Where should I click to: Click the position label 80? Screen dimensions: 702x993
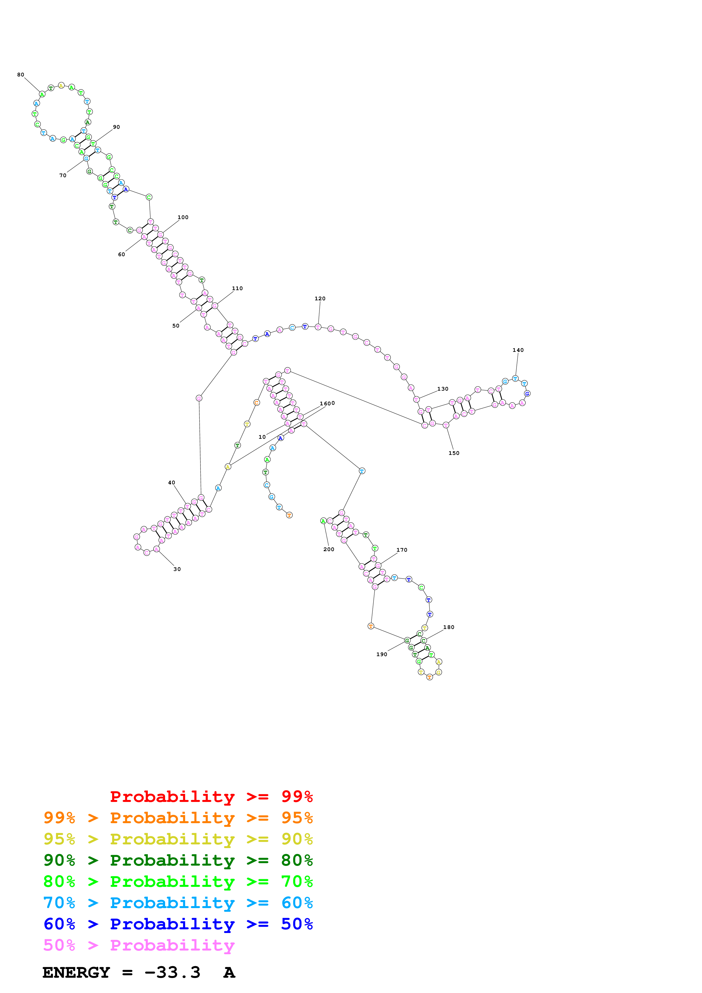[x=21, y=75]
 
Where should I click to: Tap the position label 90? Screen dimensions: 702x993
[x=116, y=127]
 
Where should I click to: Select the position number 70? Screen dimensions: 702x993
[x=63, y=176]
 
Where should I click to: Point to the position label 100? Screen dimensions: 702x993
[x=183, y=218]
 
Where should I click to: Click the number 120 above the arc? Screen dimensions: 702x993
[x=320, y=299]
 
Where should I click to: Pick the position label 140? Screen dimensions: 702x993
[x=518, y=350]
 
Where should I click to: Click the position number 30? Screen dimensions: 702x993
[x=177, y=569]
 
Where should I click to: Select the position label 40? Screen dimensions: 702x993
[x=172, y=483]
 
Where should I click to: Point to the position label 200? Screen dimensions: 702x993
[x=329, y=549]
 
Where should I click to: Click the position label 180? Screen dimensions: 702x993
[x=449, y=627]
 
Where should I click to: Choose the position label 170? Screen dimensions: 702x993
[x=402, y=550]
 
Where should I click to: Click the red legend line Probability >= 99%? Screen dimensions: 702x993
[x=211, y=796]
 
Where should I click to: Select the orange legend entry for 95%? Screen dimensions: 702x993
[x=178, y=818]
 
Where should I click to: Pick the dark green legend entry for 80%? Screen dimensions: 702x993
[x=178, y=860]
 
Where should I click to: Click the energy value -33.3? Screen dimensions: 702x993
[x=172, y=973]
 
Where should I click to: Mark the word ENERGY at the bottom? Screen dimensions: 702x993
[x=76, y=973]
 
